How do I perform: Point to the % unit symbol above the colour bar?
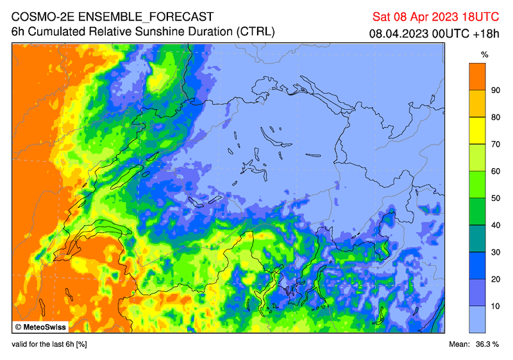485,53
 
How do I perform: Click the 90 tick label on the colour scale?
496,90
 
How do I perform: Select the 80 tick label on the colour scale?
496,117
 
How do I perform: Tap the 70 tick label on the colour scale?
496,144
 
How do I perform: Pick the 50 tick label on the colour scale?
496,198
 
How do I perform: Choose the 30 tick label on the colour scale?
496,252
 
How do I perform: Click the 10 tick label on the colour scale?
496,306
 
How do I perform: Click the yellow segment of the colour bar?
477,131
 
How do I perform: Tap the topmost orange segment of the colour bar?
477,76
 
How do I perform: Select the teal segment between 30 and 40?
477,239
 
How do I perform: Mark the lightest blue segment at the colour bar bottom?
477,319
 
